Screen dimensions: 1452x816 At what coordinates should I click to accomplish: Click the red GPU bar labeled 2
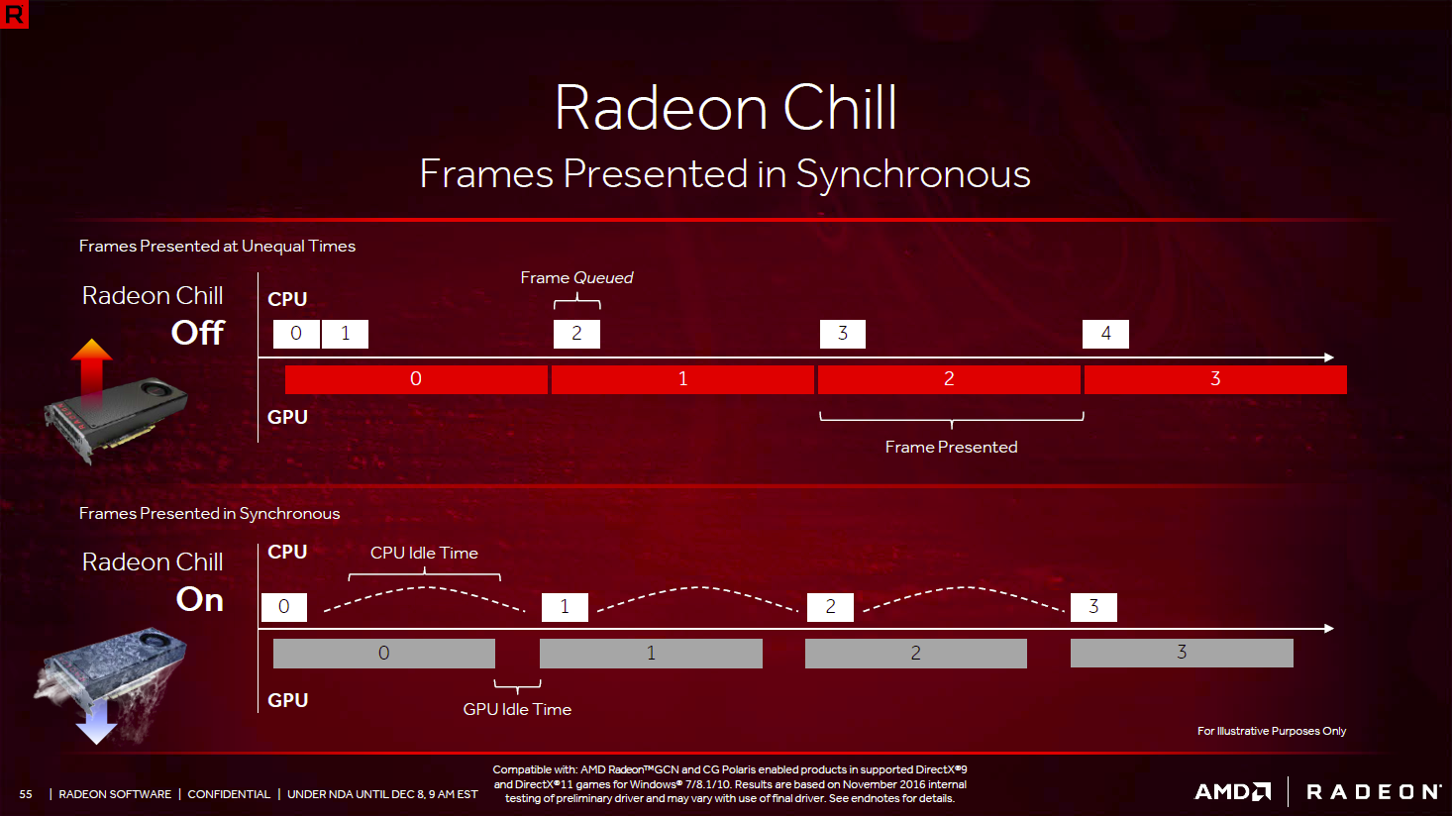(949, 379)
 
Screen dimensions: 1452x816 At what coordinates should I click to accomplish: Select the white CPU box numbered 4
(1105, 334)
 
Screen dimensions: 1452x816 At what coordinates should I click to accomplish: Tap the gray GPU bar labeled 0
(383, 654)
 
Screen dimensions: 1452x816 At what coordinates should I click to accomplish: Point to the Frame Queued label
(576, 278)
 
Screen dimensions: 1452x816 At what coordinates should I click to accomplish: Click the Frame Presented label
(951, 448)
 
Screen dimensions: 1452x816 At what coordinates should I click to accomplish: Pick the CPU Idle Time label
(424, 553)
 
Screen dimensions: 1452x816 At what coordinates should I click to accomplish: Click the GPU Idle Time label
(517, 710)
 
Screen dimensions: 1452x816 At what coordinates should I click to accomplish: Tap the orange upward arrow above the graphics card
(91, 372)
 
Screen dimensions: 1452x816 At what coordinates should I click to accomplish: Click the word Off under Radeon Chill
(198, 333)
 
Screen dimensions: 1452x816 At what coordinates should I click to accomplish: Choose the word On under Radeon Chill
(200, 599)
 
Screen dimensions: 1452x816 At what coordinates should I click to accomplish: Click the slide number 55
(26, 794)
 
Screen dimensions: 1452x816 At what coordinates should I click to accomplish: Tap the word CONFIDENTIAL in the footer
(229, 794)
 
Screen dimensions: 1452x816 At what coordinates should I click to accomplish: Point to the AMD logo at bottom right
(1233, 792)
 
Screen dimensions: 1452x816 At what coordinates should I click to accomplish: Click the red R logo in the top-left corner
(14, 14)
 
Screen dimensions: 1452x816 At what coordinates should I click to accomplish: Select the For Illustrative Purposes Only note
(1271, 731)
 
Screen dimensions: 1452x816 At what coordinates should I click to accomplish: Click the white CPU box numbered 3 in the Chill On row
(1093, 607)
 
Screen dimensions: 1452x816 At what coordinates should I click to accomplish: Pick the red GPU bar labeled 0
(416, 379)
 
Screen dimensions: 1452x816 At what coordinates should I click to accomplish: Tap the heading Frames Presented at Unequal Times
(217, 247)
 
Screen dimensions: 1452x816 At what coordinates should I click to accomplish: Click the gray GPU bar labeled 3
(1182, 653)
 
